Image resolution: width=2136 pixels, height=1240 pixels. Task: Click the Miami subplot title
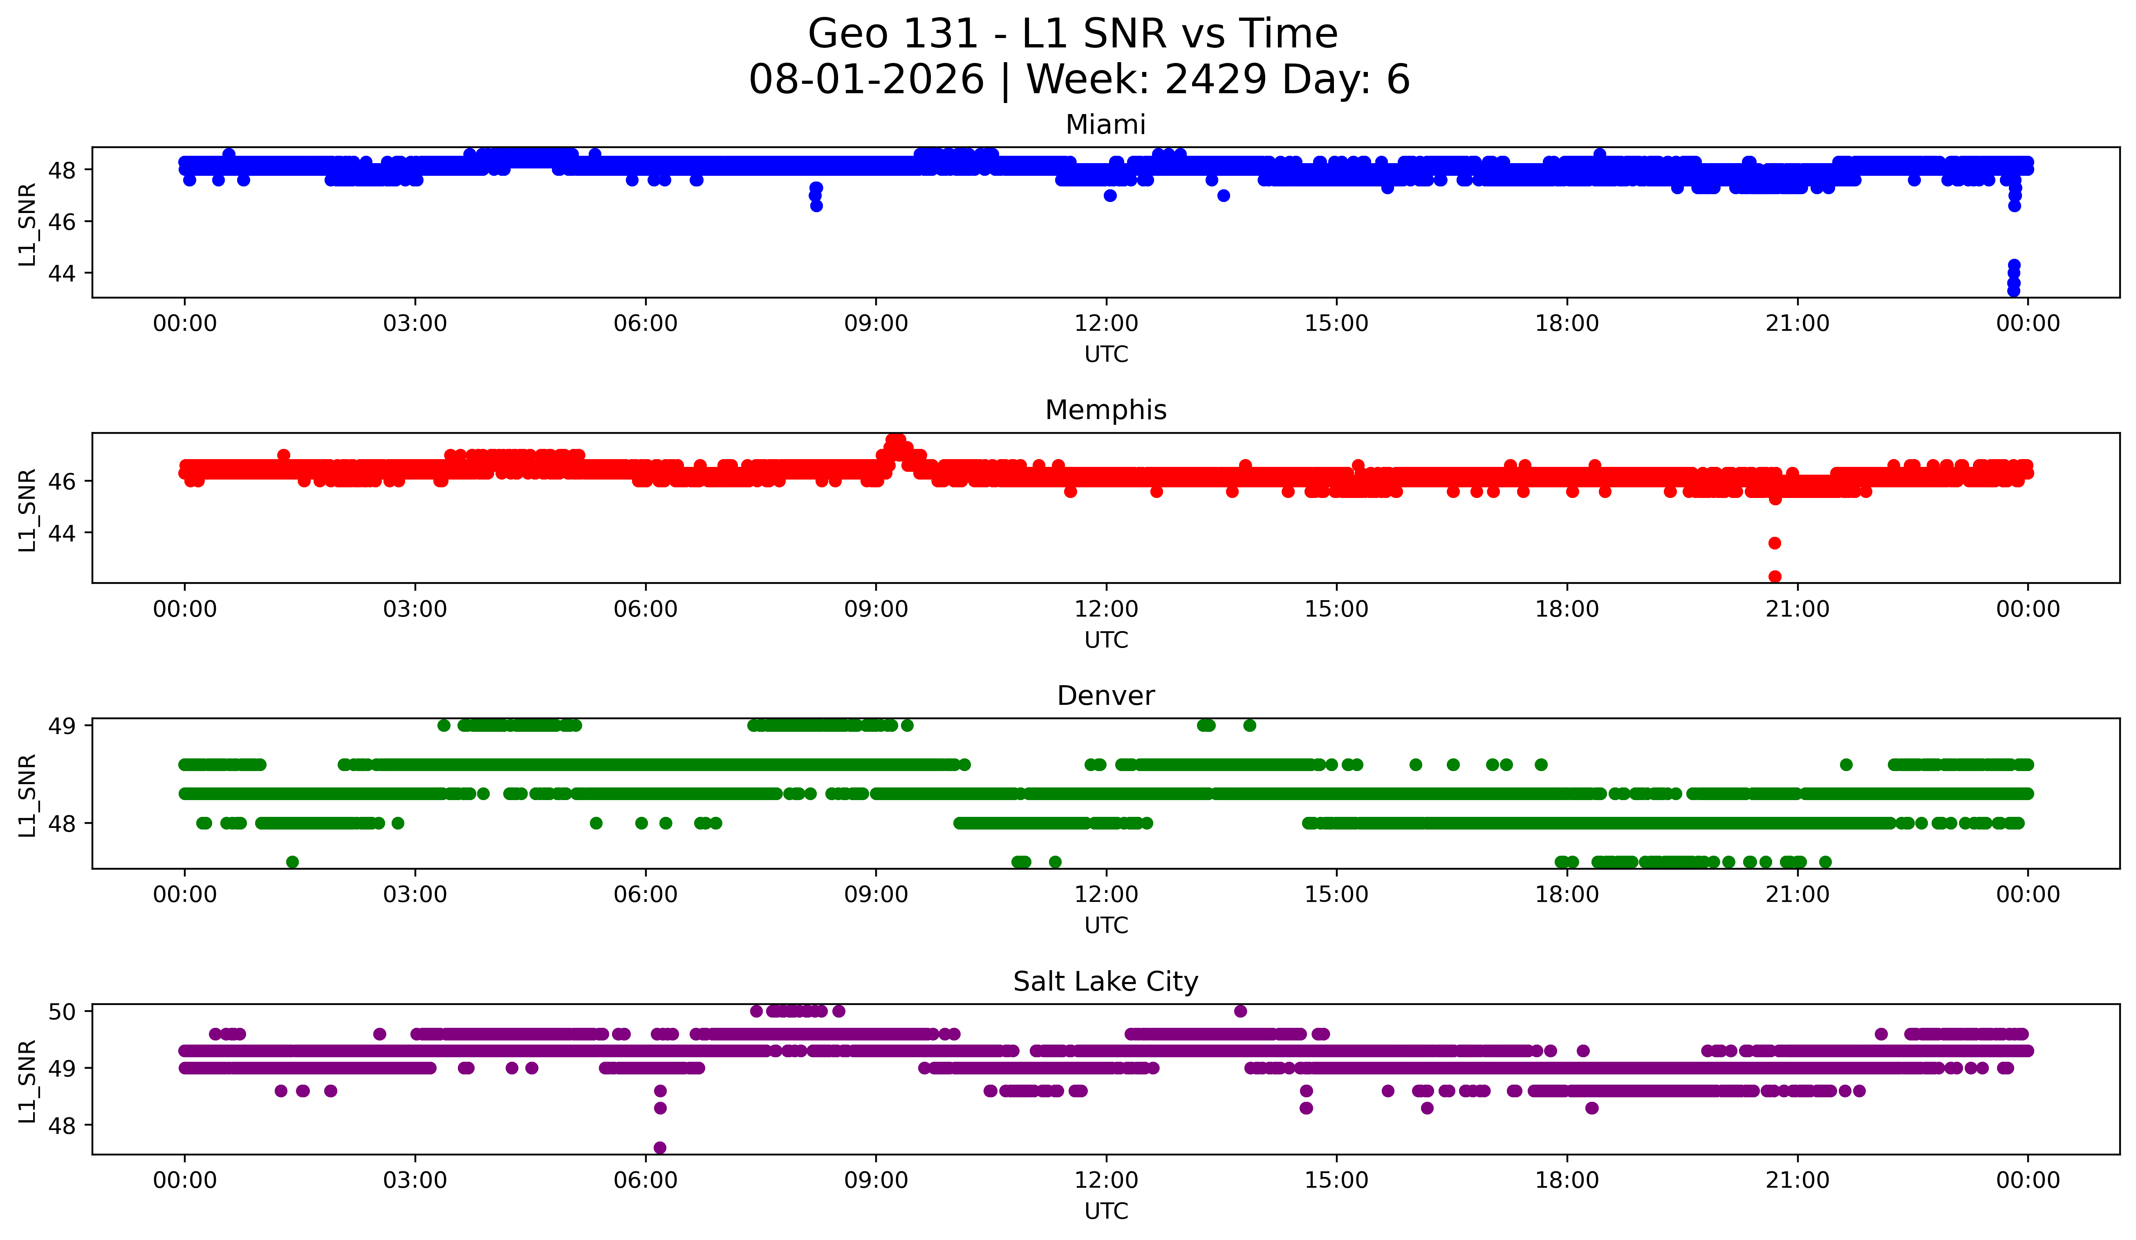tap(1105, 125)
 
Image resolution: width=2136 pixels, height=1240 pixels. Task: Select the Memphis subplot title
tap(1105, 410)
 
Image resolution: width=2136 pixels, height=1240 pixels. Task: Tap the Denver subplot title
tap(1105, 696)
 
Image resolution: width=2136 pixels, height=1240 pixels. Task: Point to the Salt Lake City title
tap(1105, 982)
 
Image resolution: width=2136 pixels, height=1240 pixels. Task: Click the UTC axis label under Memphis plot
tap(1106, 640)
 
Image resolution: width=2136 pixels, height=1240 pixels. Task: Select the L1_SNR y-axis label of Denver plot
tap(27, 795)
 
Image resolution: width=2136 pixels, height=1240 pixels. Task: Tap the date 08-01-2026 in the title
tap(866, 80)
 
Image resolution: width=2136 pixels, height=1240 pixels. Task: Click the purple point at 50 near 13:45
tap(1240, 1011)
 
